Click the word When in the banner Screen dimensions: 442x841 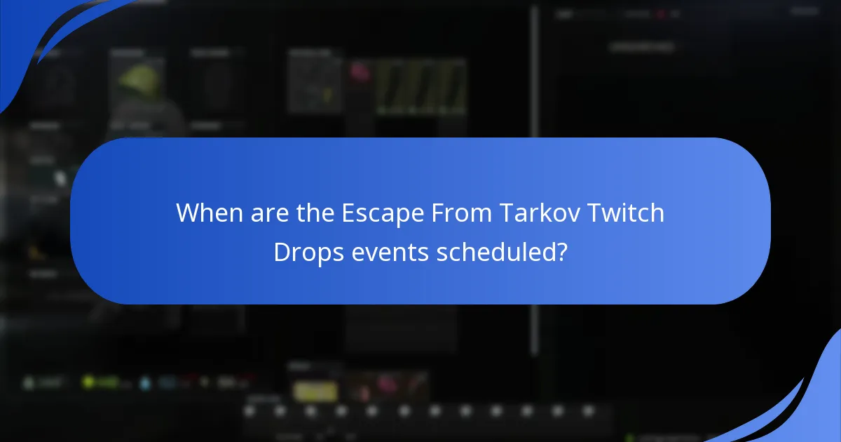209,213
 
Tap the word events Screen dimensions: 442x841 390,253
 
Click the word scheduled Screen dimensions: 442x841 498,253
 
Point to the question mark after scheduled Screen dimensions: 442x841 561,253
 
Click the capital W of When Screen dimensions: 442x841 187,213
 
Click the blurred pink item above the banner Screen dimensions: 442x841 360,71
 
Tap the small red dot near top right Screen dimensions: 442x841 660,13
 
